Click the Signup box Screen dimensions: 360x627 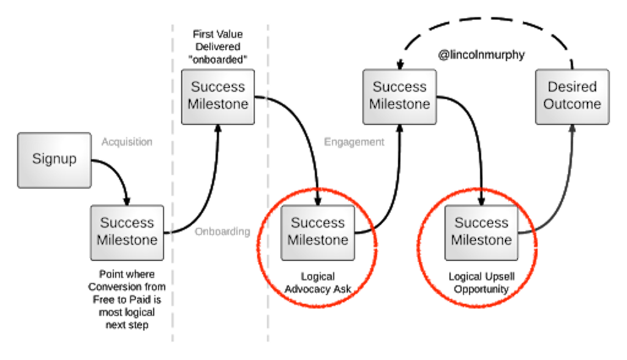tap(54, 160)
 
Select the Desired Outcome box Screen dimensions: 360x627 tap(572, 96)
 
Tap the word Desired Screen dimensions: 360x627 tap(572, 87)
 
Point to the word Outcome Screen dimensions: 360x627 tap(572, 104)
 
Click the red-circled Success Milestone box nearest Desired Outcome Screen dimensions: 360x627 tap(481, 231)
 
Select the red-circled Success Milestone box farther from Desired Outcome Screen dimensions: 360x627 tap(318, 231)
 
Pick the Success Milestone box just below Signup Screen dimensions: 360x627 tap(127, 231)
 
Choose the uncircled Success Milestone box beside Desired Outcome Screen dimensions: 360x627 tap(399, 96)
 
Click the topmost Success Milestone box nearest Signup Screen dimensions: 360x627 tap(218, 96)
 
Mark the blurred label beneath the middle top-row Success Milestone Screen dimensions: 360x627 tap(351, 143)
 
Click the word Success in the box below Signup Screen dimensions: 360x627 tap(127, 223)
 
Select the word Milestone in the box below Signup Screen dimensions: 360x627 tap(127, 240)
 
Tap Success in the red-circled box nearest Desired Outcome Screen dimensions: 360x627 tap(481, 223)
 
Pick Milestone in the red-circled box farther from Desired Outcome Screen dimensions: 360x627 tap(318, 240)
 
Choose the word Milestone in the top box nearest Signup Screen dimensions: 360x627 tap(218, 104)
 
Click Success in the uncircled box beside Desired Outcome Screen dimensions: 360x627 tap(399, 87)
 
